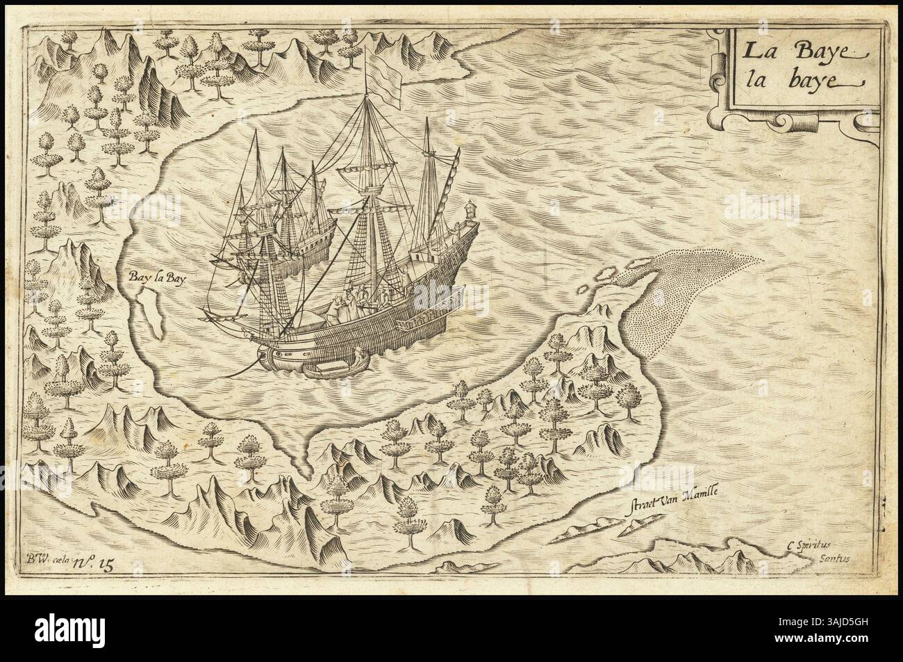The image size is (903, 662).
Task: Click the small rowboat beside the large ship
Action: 332,369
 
